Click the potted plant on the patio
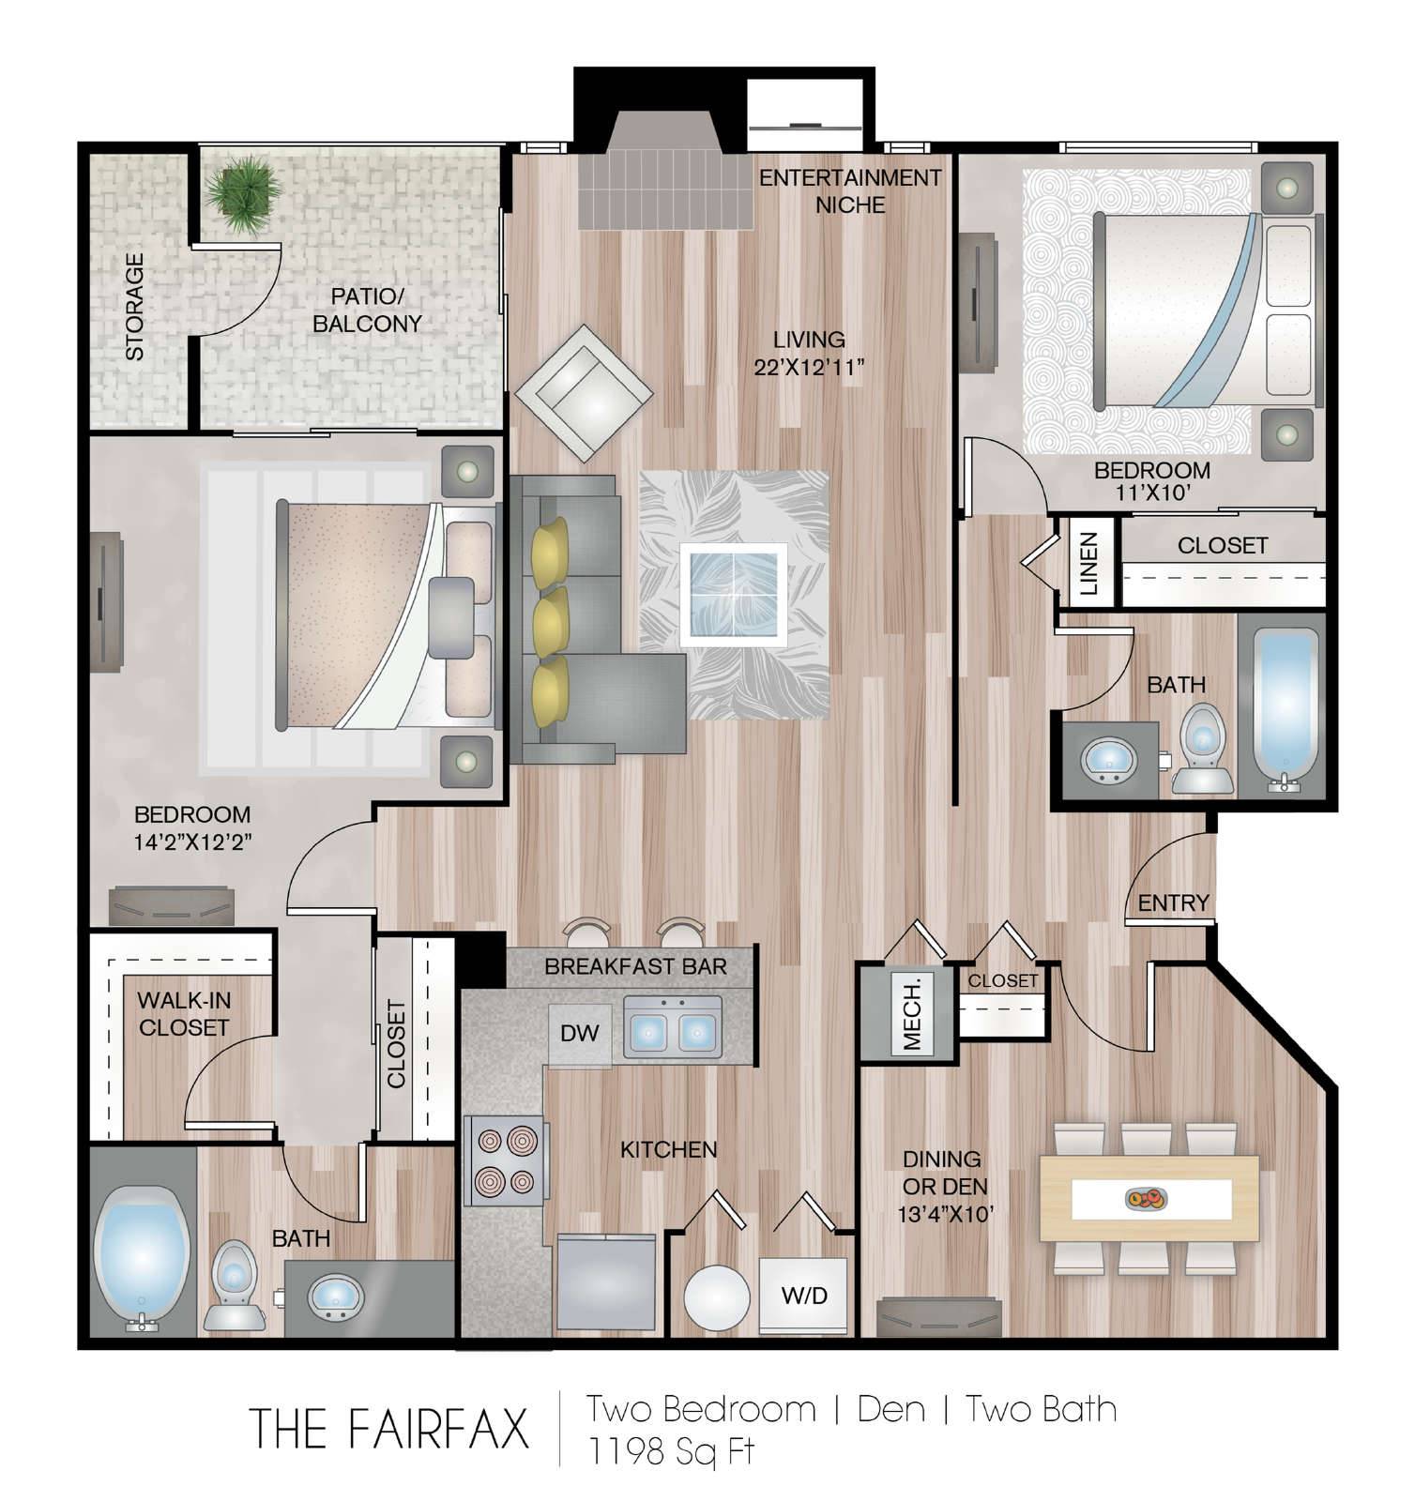coord(243,194)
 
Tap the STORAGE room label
coord(135,307)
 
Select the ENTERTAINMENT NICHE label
coord(850,190)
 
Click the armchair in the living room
coord(584,393)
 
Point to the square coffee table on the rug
coord(734,593)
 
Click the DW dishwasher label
coord(579,1034)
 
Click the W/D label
coord(805,1296)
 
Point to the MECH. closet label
coord(912,1013)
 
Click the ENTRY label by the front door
coord(1173,902)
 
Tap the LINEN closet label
coord(1088,564)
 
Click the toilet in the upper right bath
coord(1202,749)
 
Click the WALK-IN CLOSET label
coord(184,1014)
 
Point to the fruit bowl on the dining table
coord(1145,1197)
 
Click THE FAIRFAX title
coord(388,1428)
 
